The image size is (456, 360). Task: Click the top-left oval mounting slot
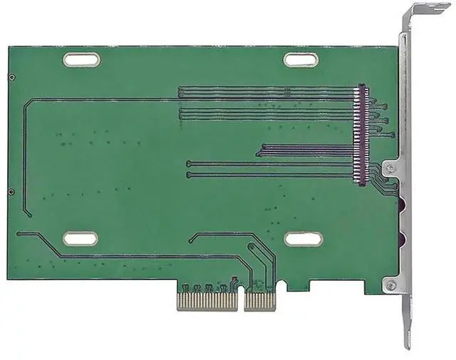(81, 60)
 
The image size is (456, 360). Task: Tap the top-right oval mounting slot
(301, 60)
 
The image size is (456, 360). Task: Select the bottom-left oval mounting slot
(80, 239)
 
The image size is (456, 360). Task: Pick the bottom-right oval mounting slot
(304, 239)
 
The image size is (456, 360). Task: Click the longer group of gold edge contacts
(207, 299)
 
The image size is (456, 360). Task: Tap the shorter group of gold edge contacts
(259, 299)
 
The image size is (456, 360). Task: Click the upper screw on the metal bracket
(390, 168)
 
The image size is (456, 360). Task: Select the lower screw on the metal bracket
(390, 286)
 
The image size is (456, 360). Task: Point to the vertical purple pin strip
(361, 135)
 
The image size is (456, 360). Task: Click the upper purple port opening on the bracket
(402, 207)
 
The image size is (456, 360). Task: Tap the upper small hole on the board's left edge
(11, 77)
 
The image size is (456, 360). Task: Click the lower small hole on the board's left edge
(11, 192)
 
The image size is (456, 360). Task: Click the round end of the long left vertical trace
(29, 215)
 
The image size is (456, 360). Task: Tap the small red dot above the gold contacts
(233, 279)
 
